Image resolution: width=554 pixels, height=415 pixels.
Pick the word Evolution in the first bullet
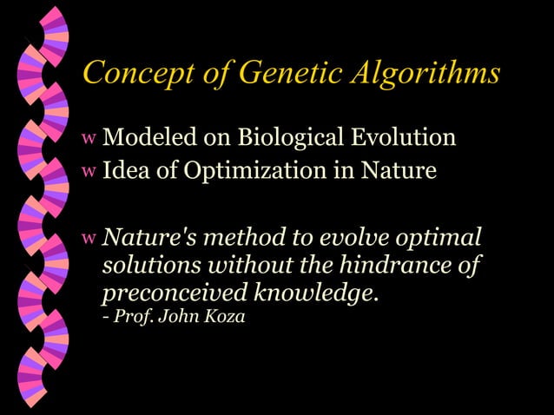[x=403, y=138]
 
